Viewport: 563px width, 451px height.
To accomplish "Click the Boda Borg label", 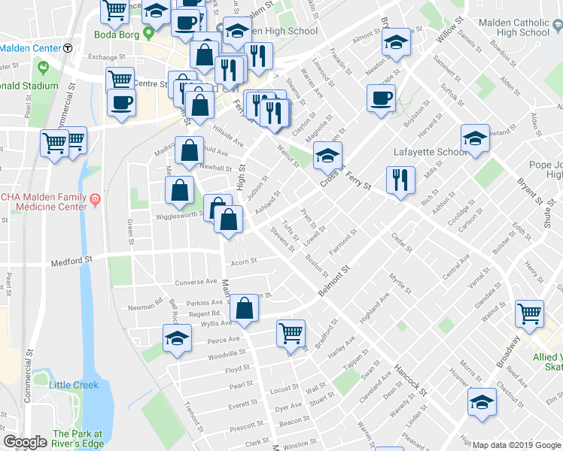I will point(117,32).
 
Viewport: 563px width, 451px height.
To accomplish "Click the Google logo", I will point(25,442).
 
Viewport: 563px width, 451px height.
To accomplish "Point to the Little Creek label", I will point(74,385).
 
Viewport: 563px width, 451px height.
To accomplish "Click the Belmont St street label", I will point(333,281).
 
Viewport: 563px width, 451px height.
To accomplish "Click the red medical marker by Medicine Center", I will point(96,200).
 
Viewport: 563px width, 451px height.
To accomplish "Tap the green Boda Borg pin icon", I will point(149,32).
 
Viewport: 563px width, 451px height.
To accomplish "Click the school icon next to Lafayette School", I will point(474,139).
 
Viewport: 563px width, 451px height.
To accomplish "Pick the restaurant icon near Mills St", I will point(400,180).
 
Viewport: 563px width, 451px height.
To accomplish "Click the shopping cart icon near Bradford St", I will point(291,331).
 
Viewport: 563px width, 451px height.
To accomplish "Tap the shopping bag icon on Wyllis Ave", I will point(245,308).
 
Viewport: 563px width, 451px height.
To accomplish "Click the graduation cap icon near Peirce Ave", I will point(177,338).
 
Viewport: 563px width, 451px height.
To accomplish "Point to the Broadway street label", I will point(507,351).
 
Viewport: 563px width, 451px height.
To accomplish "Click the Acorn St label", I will point(244,262).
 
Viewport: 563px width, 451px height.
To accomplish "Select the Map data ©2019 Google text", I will point(516,444).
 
